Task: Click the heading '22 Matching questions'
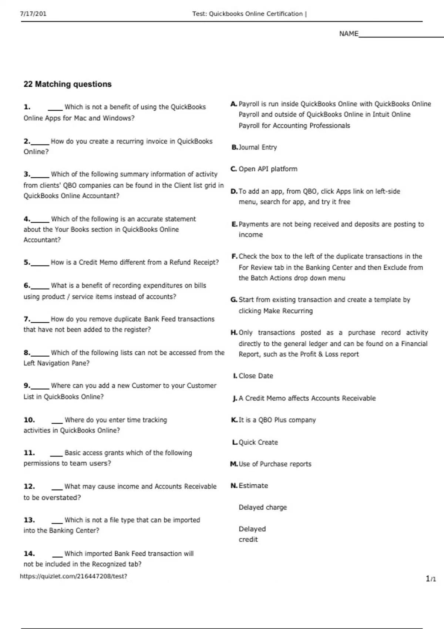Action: [67, 84]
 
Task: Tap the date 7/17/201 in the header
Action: [33, 14]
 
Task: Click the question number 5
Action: [27, 262]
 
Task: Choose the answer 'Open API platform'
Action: [268, 169]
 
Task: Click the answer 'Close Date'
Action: [256, 376]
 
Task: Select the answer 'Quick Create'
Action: [258, 442]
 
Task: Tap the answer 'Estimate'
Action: [253, 485]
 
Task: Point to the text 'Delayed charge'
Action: [263, 507]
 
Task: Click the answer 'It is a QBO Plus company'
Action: [277, 420]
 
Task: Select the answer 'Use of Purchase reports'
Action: [275, 464]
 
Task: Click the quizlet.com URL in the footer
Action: [73, 576]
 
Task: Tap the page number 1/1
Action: [431, 579]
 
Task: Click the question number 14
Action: [29, 554]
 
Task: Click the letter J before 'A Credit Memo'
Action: [235, 398]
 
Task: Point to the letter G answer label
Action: [234, 300]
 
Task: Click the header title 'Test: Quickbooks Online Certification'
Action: [248, 14]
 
